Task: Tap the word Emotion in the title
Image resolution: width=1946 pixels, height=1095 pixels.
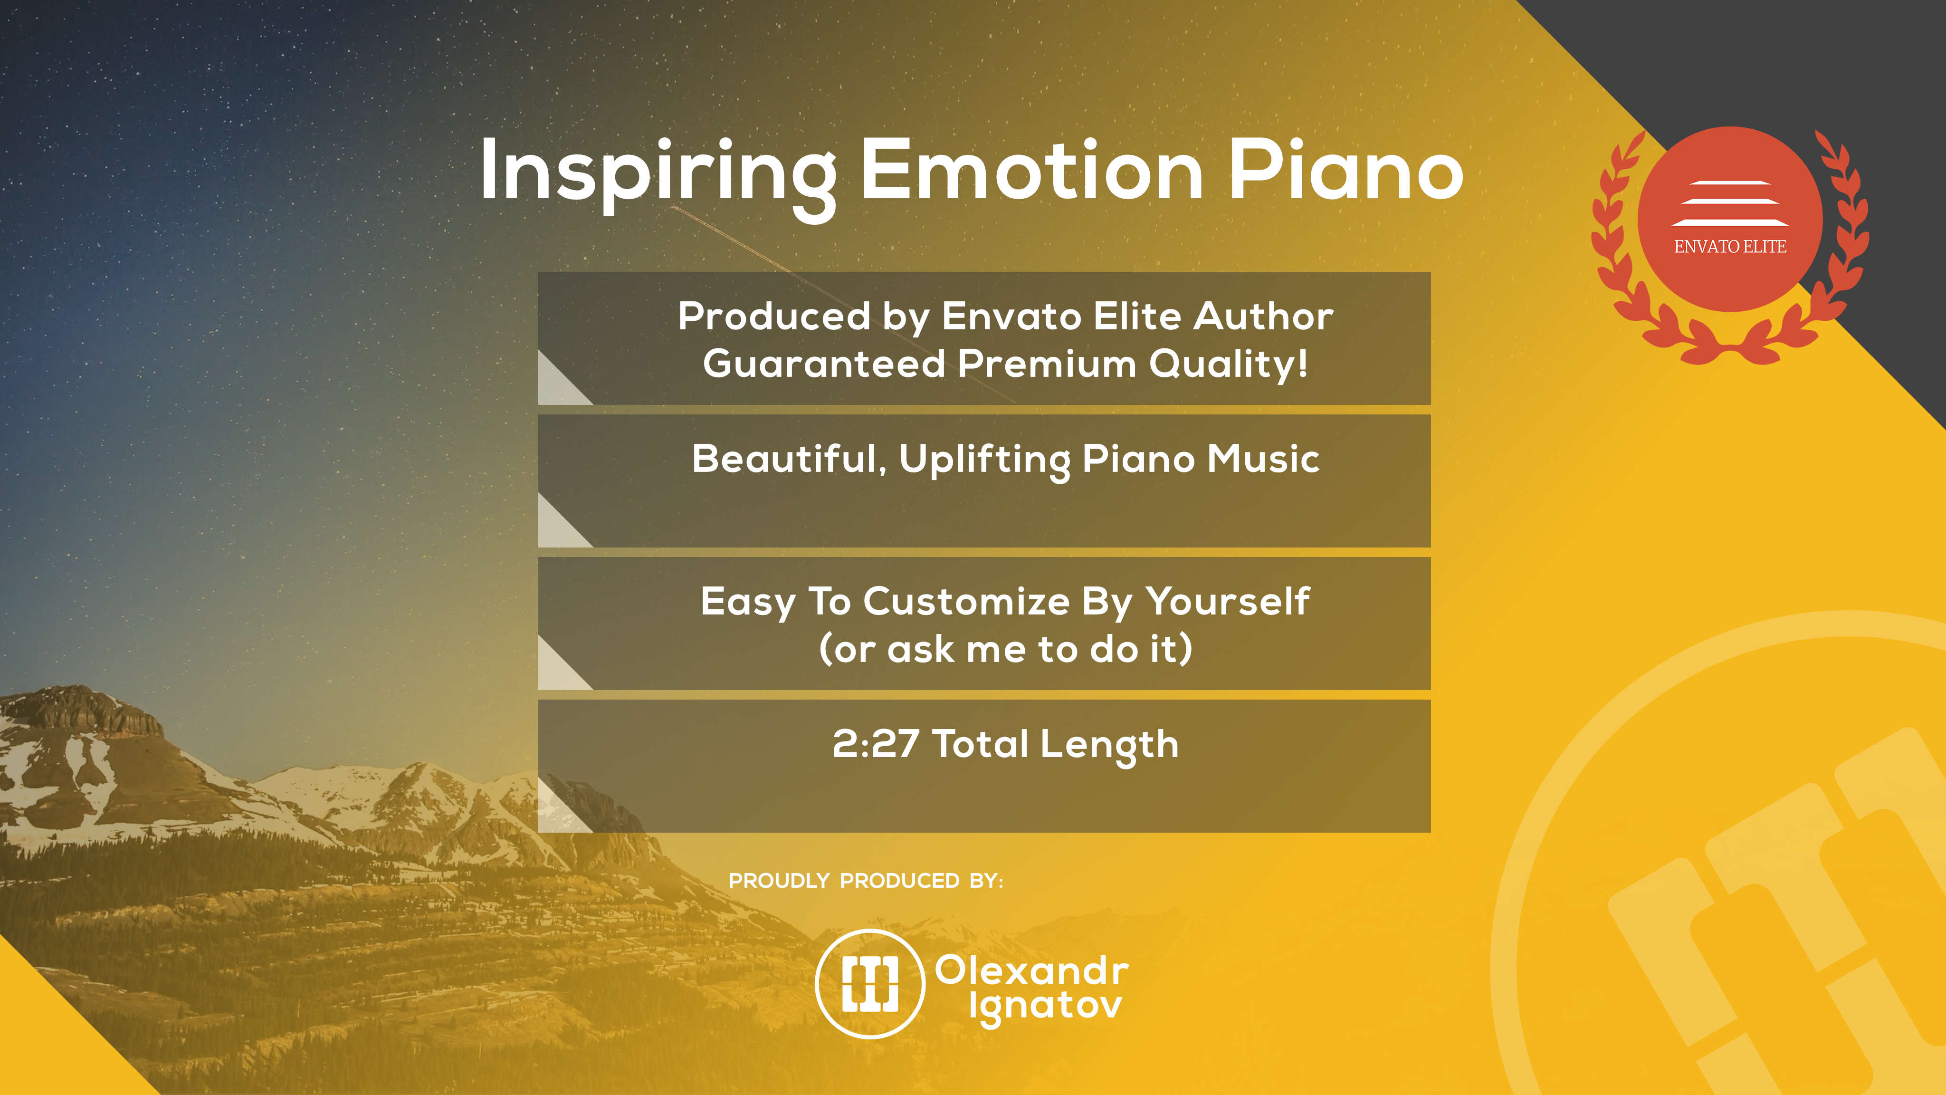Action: pos(1031,170)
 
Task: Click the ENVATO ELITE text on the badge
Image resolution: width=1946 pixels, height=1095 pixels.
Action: pos(1730,246)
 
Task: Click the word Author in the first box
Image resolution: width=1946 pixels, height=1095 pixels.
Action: pos(1263,316)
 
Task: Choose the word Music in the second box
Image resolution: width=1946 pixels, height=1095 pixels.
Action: pos(1263,459)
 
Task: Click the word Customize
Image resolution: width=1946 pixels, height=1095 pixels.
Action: pos(966,602)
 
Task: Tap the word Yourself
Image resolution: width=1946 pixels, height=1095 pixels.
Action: pos(1227,602)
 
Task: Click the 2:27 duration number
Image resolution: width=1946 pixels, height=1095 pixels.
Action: pos(876,744)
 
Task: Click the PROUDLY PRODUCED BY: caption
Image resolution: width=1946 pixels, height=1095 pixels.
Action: pos(866,880)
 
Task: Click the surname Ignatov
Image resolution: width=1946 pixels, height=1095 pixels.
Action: pos(1046,1008)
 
